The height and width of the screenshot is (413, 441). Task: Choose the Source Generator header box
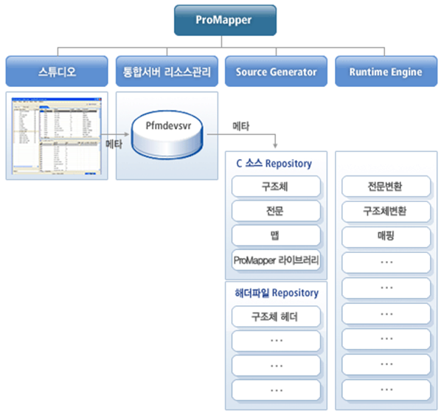276,72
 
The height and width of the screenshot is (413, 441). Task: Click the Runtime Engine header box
385,72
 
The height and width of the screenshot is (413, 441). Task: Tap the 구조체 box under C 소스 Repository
275,187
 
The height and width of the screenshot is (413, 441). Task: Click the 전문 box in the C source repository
275,211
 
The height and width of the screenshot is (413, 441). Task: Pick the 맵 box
275,235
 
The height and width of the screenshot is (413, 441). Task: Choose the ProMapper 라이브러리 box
275,260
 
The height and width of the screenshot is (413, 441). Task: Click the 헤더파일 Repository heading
276,293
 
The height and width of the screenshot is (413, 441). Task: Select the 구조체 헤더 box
275,316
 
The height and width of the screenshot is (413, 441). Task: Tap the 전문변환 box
385,187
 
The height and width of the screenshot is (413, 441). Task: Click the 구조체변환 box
385,211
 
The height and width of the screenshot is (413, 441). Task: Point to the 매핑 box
385,235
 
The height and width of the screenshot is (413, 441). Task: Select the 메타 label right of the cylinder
240,126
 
